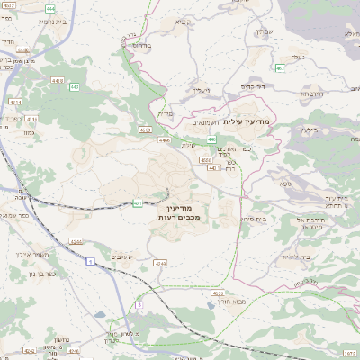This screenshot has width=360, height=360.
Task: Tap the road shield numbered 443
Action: (74, 87)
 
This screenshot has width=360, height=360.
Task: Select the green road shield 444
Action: (49, 8)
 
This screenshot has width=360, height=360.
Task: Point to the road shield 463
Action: (281, 67)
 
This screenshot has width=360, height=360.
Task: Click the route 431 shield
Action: (138, 203)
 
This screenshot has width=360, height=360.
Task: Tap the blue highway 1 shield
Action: (90, 262)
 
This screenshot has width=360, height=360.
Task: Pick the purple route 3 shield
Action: (139, 306)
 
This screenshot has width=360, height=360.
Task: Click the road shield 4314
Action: (15, 103)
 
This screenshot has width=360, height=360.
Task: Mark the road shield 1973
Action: (350, 352)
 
